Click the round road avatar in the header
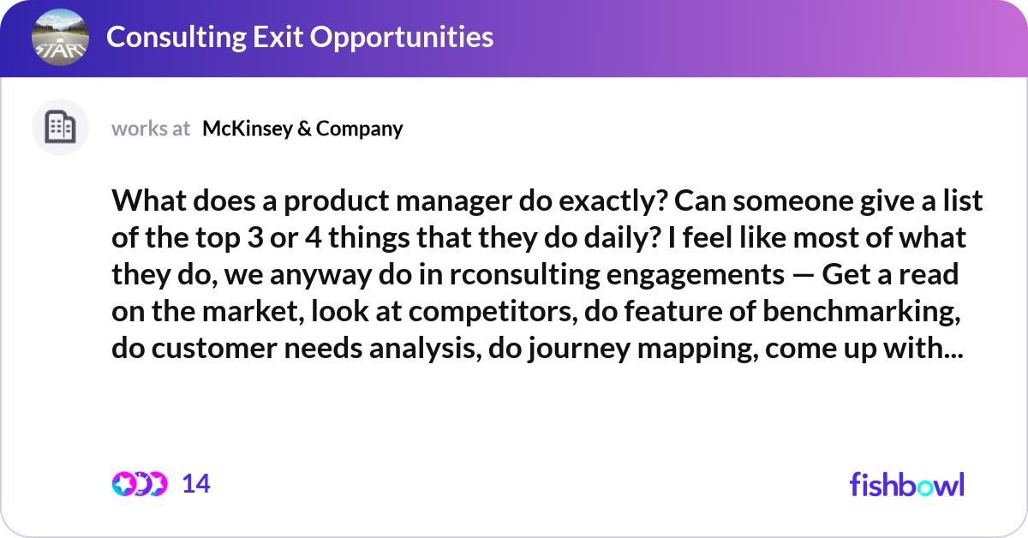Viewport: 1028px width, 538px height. tap(59, 38)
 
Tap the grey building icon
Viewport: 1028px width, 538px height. tap(60, 128)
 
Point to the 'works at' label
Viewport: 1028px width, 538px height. tap(151, 129)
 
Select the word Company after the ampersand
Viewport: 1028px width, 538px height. tap(360, 129)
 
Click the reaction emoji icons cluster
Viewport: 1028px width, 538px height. tap(139, 484)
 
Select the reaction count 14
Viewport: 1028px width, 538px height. tap(196, 484)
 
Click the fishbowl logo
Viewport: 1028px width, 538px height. tap(906, 484)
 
